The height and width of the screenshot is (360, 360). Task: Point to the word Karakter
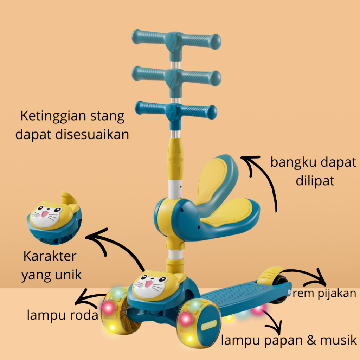click(50, 256)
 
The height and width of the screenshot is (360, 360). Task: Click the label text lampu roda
click(63, 315)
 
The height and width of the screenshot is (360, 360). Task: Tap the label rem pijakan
click(324, 294)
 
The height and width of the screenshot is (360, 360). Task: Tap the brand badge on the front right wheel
click(209, 324)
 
